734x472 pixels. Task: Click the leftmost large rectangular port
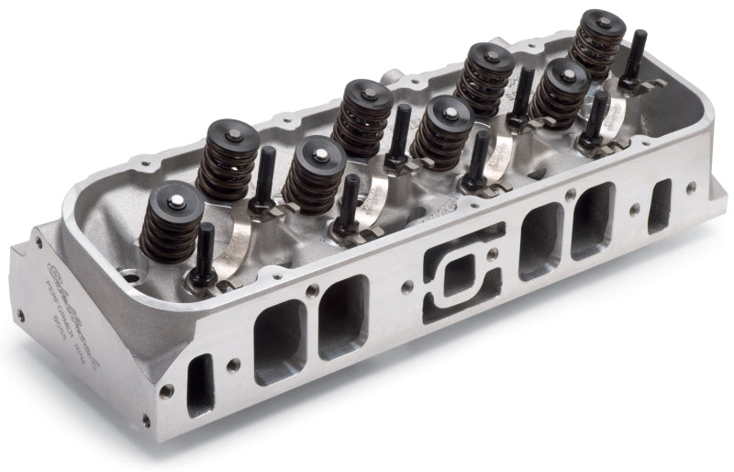(280, 341)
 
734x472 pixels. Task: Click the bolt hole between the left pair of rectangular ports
(314, 290)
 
